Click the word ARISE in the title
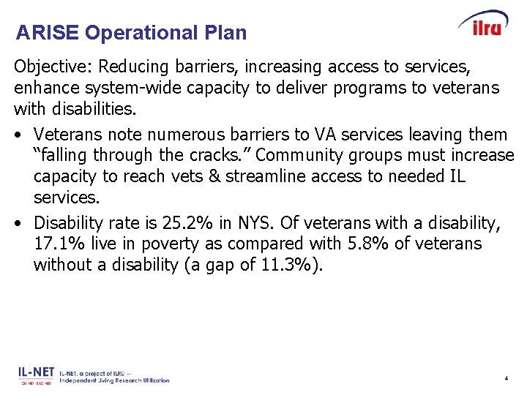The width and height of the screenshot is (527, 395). click(48, 33)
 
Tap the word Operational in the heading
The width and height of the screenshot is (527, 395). click(139, 33)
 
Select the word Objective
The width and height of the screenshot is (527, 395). click(51, 67)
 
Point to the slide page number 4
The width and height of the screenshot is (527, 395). click(506, 379)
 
